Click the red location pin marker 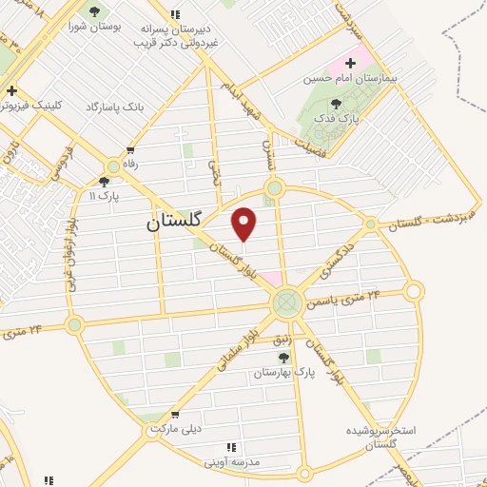244,224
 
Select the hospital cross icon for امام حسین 350,62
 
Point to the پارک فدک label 336,118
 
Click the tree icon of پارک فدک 336,104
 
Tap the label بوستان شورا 93,26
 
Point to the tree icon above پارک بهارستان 283,357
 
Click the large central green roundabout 285,303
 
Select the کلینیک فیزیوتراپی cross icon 10,91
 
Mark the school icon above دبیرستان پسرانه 174,14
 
